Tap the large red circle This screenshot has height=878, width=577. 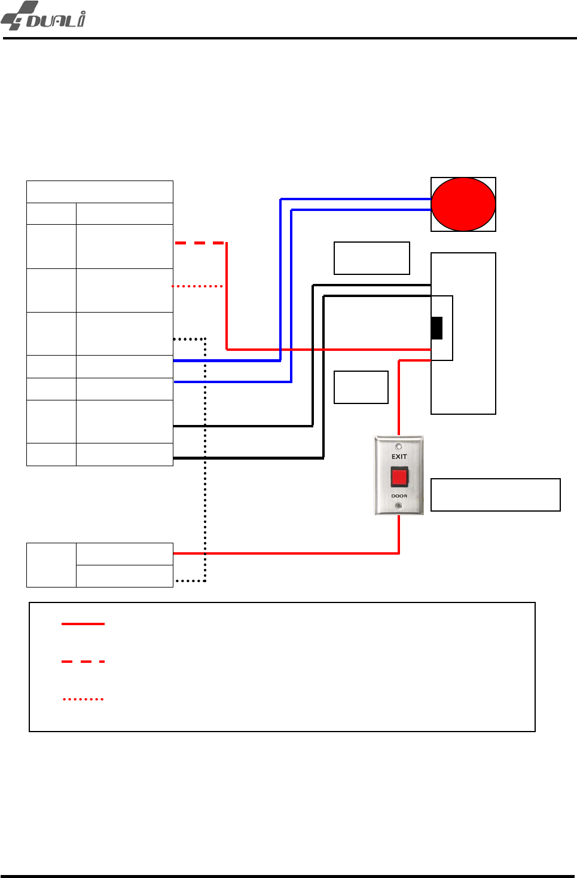463,204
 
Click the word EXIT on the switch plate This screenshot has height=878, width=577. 399,457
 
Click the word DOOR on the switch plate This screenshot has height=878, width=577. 399,496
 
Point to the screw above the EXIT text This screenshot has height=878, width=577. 399,446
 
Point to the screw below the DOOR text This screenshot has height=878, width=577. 399,506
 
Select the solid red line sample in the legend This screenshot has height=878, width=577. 83,624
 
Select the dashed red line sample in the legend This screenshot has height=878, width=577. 83,662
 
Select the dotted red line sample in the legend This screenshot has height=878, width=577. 83,699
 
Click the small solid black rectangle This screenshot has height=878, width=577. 437,328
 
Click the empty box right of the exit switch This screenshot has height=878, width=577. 495,495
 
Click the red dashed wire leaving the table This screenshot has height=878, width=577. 199,243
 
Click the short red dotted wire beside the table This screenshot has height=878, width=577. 198,286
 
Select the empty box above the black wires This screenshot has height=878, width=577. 371,258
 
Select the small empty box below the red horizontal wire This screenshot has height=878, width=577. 361,387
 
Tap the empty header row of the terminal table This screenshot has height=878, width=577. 100,192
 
